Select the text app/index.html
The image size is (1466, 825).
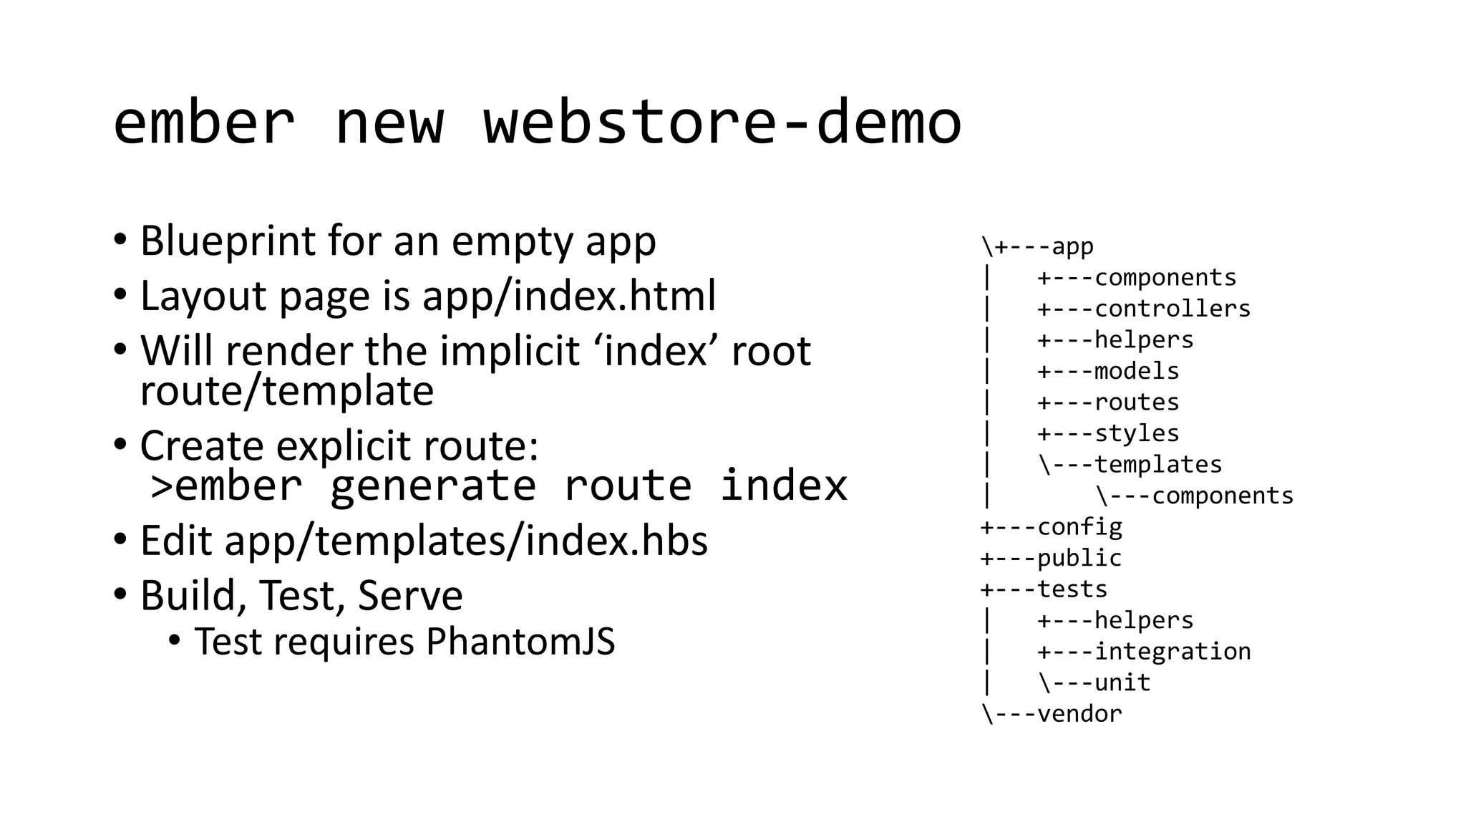pos(569,296)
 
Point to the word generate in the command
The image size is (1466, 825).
pos(432,486)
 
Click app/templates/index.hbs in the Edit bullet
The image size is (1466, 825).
pos(466,541)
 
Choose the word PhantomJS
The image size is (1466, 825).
pos(520,642)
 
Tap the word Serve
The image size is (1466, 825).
pos(410,596)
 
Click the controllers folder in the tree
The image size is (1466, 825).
pos(1172,309)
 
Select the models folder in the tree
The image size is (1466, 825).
pos(1137,371)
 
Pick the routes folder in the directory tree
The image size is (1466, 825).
pos(1137,402)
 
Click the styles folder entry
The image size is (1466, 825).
pos(1137,433)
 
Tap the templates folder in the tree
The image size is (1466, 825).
pos(1157,465)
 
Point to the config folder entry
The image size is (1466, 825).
pos(1079,527)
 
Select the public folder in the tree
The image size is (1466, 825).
pos(1079,558)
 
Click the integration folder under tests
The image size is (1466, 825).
pos(1173,652)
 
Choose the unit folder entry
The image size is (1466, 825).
pos(1122,682)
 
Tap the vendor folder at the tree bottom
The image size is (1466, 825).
pos(1079,714)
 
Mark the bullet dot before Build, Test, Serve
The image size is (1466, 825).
pos(120,594)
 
